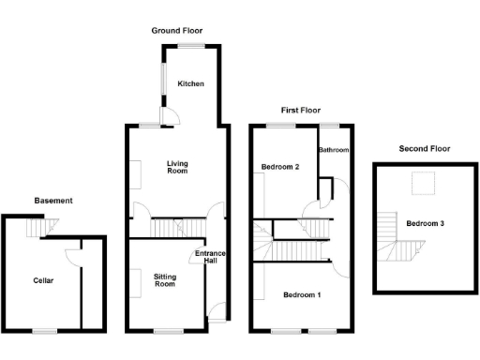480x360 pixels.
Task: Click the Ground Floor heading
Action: [177, 31]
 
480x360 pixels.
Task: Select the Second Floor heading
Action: [424, 148]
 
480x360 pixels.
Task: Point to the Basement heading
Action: [53, 201]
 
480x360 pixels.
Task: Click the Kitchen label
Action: [191, 84]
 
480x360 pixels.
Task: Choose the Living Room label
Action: [177, 168]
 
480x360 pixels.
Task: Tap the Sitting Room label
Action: [164, 278]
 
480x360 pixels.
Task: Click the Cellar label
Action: [43, 279]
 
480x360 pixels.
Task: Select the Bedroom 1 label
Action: [304, 295]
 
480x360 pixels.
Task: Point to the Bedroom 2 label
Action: [280, 167]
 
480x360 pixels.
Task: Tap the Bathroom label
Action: [334, 150]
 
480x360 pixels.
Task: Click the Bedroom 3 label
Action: [425, 223]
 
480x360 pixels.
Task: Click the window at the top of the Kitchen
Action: [192, 46]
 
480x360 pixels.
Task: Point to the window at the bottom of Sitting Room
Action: [168, 330]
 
